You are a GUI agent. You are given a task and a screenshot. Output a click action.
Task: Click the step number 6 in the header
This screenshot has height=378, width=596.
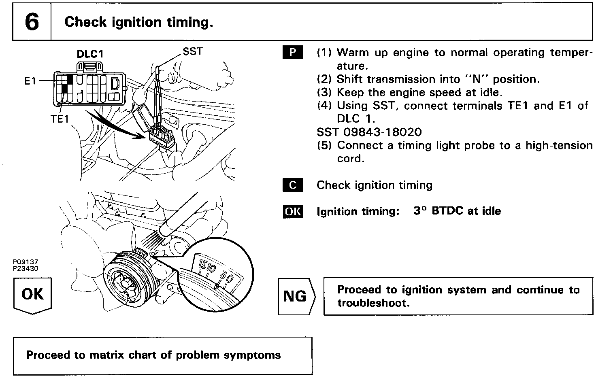(x=32, y=22)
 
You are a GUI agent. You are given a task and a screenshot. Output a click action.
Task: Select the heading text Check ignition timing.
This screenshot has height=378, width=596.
(x=138, y=22)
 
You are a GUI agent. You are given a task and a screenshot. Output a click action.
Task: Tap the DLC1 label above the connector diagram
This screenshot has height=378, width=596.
(x=90, y=54)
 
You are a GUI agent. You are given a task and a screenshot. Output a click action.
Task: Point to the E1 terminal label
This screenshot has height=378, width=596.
(x=30, y=81)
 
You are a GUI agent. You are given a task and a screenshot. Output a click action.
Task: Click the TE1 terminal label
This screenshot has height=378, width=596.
(x=60, y=119)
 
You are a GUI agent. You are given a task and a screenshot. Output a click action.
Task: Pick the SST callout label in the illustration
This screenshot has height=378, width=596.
(x=192, y=51)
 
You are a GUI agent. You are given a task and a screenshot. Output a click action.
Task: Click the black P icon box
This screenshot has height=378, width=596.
(x=292, y=53)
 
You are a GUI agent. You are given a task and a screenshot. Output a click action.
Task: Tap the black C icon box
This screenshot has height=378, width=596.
(x=292, y=185)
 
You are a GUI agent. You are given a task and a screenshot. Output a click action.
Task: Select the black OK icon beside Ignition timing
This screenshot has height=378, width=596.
(x=292, y=211)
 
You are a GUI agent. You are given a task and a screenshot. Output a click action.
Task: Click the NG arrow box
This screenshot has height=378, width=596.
(x=296, y=296)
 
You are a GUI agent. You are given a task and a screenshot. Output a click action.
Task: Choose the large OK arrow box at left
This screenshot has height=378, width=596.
(x=32, y=294)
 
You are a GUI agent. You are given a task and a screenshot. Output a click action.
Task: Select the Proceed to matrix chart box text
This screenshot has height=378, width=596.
(x=153, y=355)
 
